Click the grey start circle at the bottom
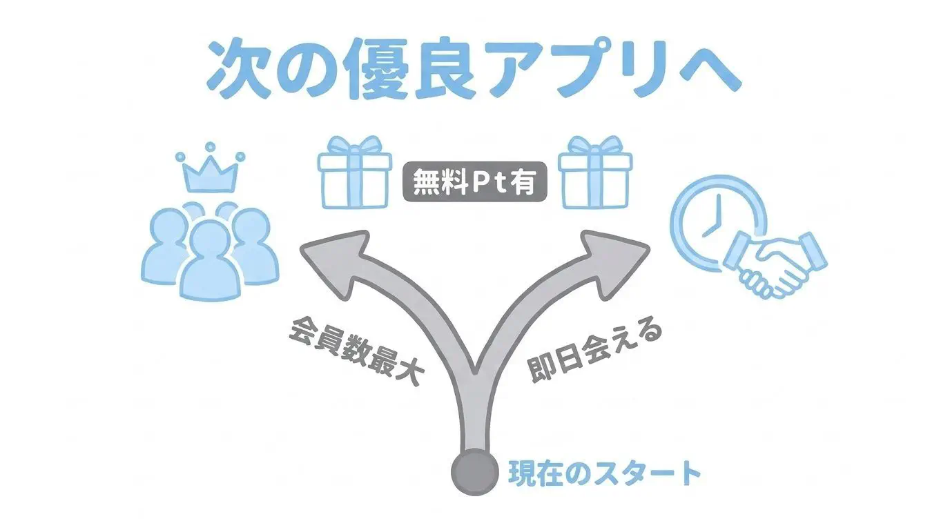(474, 472)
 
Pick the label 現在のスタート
(604, 473)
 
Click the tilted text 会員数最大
(356, 351)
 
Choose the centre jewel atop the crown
(210, 147)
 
